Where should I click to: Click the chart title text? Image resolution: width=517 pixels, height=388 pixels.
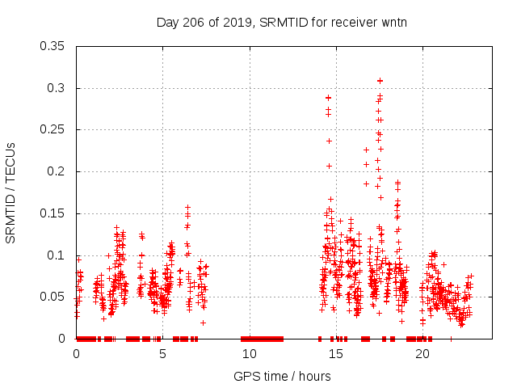(x=282, y=22)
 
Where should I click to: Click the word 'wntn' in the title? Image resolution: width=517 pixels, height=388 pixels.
(x=393, y=22)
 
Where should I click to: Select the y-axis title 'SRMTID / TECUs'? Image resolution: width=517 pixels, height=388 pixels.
(x=11, y=192)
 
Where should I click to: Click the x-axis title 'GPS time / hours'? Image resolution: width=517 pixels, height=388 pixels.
(x=282, y=376)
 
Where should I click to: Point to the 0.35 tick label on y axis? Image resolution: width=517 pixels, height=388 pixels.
(x=55, y=46)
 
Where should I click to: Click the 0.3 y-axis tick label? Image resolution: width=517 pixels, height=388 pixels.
(x=58, y=88)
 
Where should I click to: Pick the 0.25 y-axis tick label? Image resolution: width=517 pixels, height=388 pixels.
(x=55, y=129)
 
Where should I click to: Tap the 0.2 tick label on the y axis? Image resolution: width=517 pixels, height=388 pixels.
(x=58, y=171)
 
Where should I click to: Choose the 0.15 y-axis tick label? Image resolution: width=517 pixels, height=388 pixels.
(x=55, y=213)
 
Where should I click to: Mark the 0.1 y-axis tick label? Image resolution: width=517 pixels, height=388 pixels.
(x=58, y=255)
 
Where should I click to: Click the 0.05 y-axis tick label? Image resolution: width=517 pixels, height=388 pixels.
(x=55, y=297)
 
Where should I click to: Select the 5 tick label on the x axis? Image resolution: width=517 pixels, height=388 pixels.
(x=162, y=354)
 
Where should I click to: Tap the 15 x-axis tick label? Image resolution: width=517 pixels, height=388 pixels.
(x=335, y=354)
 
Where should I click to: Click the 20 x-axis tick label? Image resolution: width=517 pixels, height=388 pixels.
(x=422, y=354)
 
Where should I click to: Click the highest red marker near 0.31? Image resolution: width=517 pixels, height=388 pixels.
(x=380, y=81)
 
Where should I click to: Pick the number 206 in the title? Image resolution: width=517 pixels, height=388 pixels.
(x=194, y=22)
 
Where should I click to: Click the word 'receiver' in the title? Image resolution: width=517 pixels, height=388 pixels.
(x=355, y=22)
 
